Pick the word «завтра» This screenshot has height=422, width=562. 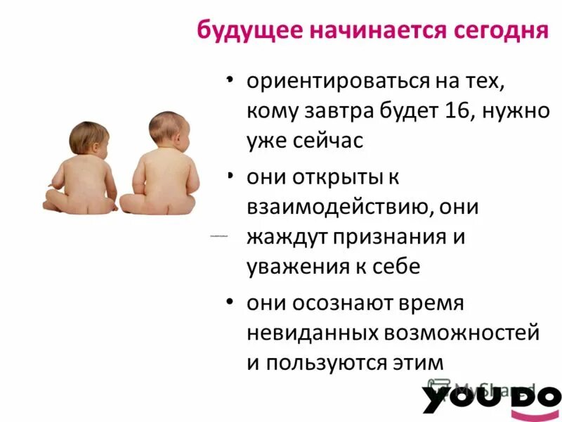(x=339, y=112)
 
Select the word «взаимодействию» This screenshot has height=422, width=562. (x=334, y=207)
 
